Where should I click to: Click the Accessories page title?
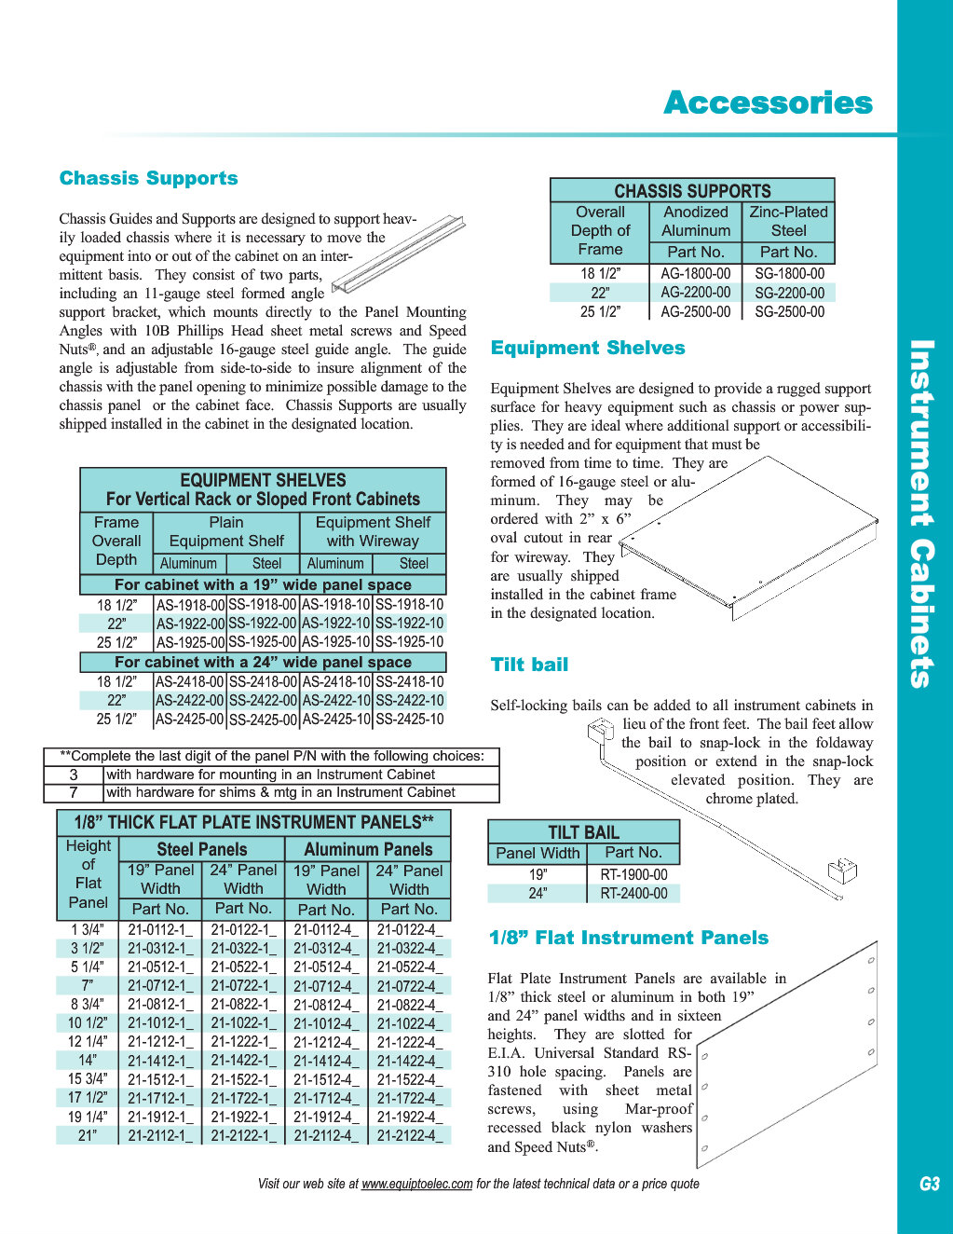point(768,103)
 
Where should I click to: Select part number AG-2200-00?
point(695,293)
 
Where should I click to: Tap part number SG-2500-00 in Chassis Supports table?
point(790,312)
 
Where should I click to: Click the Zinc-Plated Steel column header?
point(788,221)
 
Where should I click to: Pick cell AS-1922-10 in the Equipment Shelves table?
point(336,623)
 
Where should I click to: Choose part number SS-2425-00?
point(263,720)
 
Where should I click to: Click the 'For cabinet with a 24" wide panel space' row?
point(263,662)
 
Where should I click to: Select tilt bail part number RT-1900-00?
point(633,874)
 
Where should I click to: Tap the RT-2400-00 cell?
point(633,893)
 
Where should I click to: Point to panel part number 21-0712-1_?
point(160,986)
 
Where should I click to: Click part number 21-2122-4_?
point(410,1135)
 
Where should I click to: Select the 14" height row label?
point(88,1061)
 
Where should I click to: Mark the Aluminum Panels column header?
point(368,850)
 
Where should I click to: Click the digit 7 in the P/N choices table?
point(74,792)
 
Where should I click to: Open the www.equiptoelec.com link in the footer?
point(416,1184)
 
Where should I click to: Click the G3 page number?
point(930,1184)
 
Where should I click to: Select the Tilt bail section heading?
point(529,665)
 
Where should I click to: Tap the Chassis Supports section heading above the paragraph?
point(149,178)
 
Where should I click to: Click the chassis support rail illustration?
point(398,254)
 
